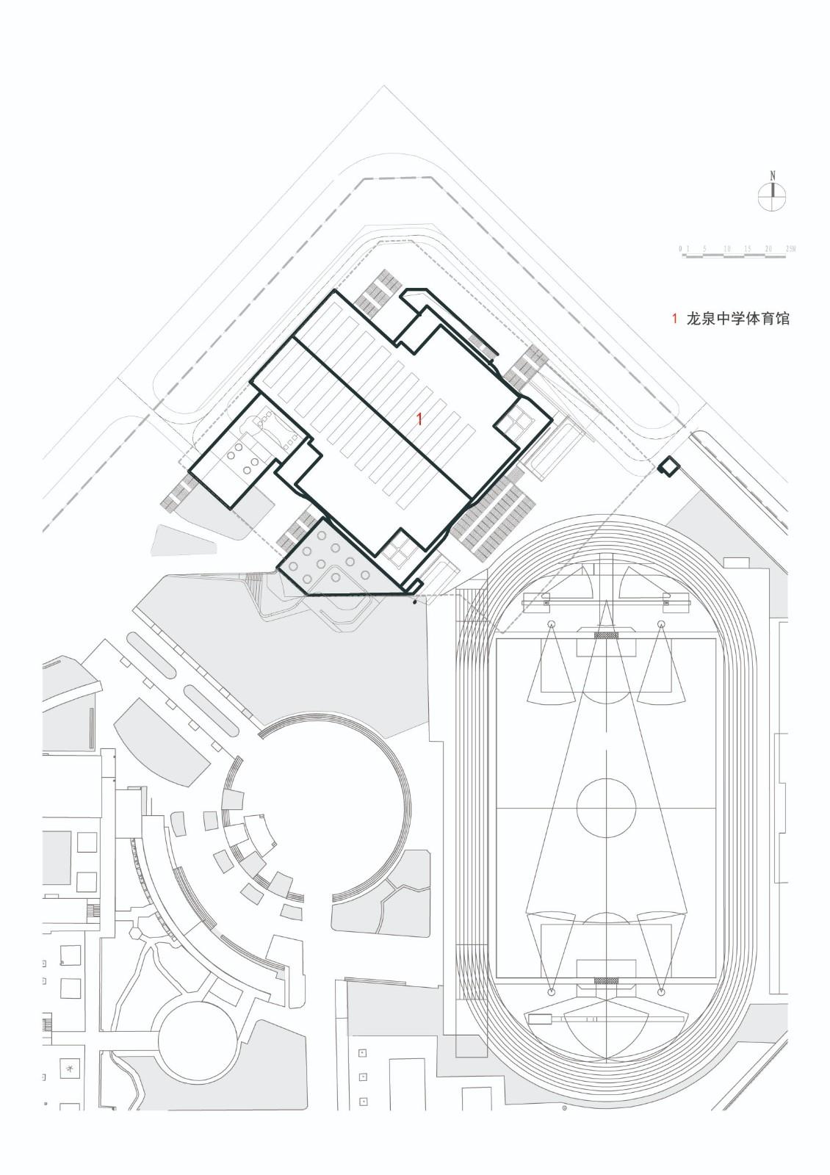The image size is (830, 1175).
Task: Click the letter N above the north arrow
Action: (772, 176)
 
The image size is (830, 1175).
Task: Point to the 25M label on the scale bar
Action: (790, 250)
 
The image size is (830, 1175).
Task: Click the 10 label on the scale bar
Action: (726, 250)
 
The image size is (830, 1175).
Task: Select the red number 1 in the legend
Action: (674, 319)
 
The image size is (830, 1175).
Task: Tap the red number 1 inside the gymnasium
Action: (419, 419)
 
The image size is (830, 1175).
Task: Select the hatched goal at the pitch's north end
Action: (606, 635)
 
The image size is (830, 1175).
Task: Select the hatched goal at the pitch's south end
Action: (606, 980)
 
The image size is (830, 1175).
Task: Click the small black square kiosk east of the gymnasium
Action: (668, 466)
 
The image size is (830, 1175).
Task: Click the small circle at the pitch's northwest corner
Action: (550, 623)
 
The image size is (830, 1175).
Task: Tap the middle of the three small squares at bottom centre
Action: (363, 1077)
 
